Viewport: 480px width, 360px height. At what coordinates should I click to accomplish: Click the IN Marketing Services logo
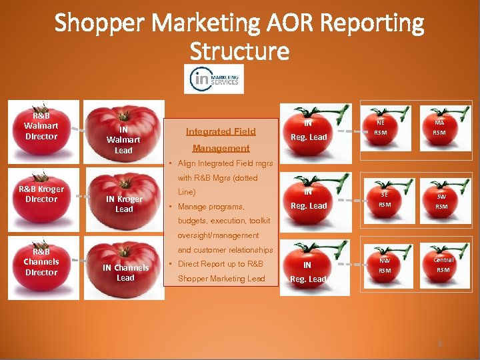214,79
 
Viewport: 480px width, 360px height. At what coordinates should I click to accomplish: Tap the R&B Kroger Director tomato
42,195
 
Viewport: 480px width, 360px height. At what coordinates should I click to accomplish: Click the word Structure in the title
239,51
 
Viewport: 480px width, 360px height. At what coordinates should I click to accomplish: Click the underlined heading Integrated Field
221,131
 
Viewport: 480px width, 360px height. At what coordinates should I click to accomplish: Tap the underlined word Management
221,148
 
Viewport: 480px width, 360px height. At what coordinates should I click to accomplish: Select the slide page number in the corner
439,344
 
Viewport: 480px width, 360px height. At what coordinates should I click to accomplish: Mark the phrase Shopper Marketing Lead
221,278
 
